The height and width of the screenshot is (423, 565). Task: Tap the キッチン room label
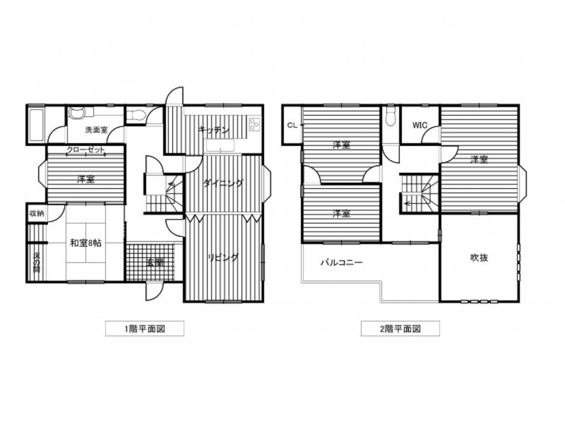click(213, 130)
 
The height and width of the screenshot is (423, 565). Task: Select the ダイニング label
click(222, 183)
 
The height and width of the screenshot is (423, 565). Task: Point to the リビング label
click(223, 258)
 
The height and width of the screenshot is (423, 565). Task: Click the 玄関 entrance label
click(155, 262)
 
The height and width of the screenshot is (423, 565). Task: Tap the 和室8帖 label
click(85, 243)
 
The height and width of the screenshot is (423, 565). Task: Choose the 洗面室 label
click(96, 130)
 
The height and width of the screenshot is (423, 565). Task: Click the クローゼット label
click(86, 150)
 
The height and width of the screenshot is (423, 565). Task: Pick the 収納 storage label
click(36, 213)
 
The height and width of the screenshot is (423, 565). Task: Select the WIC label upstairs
click(420, 125)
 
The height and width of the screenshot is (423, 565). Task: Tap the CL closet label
click(292, 125)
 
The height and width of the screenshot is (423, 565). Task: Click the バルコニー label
click(341, 262)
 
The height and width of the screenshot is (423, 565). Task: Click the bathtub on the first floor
click(37, 125)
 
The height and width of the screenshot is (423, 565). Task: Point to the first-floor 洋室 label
click(86, 179)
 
